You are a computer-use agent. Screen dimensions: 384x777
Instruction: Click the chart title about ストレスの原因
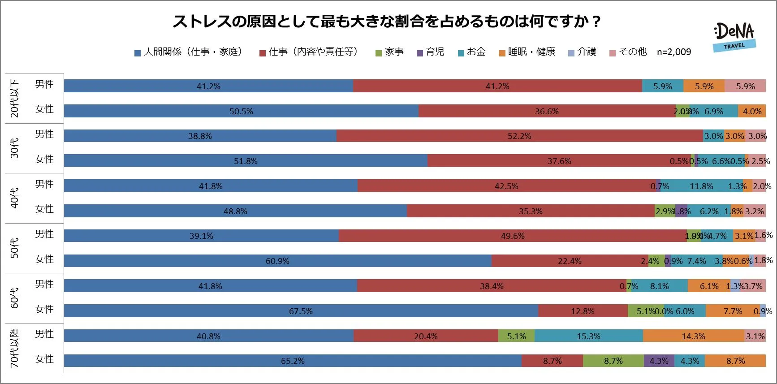click(387, 22)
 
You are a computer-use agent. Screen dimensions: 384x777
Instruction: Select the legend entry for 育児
click(430, 52)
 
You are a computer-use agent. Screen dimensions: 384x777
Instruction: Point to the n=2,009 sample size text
click(674, 52)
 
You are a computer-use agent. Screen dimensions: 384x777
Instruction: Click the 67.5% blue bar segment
click(301, 311)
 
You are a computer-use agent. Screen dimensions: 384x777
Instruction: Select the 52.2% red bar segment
click(519, 136)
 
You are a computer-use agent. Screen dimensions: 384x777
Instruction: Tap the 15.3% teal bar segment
click(588, 336)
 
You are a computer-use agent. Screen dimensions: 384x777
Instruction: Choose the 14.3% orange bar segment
click(693, 336)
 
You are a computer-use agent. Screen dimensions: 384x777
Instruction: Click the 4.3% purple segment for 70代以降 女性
click(659, 361)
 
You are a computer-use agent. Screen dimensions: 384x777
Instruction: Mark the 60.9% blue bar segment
click(277, 261)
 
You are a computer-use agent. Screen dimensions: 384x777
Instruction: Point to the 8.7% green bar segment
click(613, 361)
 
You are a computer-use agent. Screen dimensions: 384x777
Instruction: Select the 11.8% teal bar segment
click(701, 186)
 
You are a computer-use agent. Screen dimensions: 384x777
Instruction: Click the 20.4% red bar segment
click(426, 336)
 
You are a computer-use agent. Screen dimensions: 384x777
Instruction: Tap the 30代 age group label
click(15, 148)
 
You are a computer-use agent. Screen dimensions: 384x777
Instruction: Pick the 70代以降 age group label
click(15, 348)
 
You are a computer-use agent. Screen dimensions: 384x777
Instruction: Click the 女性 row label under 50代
click(44, 259)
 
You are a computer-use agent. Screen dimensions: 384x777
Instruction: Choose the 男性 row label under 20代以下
click(44, 84)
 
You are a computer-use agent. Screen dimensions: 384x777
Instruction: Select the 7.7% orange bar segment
click(733, 311)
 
